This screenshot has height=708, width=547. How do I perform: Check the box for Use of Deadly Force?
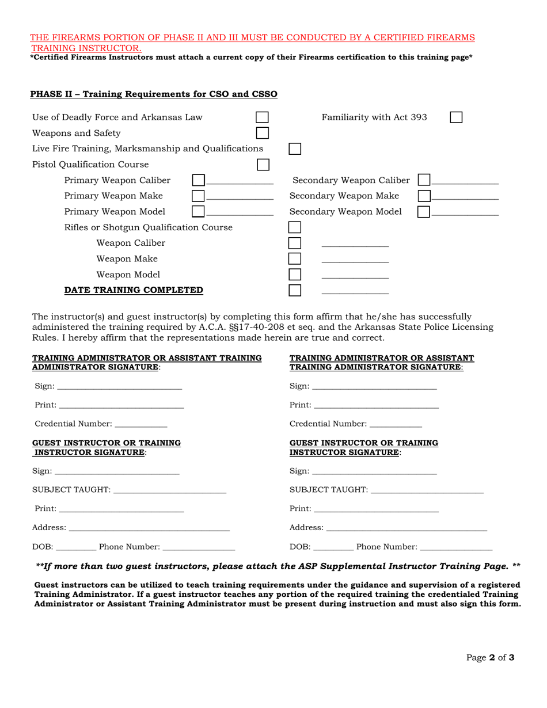[262, 117]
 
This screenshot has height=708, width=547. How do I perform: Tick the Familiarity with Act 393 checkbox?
[455, 117]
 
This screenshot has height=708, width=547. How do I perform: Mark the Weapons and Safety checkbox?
[262, 133]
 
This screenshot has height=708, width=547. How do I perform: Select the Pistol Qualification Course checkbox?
[263, 164]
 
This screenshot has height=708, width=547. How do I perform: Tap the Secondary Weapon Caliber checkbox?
[424, 180]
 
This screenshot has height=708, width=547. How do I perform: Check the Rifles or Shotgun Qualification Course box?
[294, 227]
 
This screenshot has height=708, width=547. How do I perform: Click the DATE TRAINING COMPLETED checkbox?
[294, 290]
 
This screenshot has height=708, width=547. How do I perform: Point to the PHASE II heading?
[153, 94]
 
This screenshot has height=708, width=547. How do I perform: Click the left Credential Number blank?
[141, 425]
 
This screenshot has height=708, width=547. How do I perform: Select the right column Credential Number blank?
[396, 425]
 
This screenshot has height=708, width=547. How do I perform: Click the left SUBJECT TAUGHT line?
[170, 493]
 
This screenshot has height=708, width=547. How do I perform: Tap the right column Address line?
[407, 530]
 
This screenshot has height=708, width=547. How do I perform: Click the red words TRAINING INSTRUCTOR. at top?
[86, 48]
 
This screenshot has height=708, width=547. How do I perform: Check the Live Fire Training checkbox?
[294, 149]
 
